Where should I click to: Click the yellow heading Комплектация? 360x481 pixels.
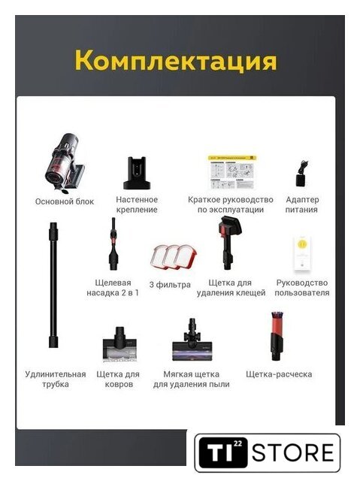tap(176, 60)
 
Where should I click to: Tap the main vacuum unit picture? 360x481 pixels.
tap(65, 163)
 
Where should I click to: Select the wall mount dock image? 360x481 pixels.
tap(137, 173)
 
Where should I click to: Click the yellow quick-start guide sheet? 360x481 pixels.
tap(232, 172)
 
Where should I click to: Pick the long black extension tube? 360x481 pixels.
tap(53, 285)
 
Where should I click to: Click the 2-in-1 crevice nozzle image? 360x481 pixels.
tap(113, 244)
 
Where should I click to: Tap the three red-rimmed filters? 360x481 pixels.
tap(174, 257)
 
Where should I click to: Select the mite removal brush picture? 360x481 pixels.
tap(229, 243)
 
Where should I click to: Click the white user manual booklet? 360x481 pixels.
tap(302, 254)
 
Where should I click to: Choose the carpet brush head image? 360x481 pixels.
tap(119, 344)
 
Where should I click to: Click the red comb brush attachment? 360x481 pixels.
tap(277, 336)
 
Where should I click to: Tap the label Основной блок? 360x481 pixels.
tap(65, 201)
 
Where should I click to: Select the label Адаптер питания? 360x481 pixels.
tap(301, 204)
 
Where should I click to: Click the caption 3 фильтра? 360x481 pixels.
tap(170, 285)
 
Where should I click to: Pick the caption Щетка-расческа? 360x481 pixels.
tap(279, 374)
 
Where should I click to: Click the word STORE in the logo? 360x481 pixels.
tap(292, 452)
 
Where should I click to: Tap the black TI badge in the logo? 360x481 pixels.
tap(223, 452)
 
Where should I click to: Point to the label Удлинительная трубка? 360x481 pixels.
tap(56, 379)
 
